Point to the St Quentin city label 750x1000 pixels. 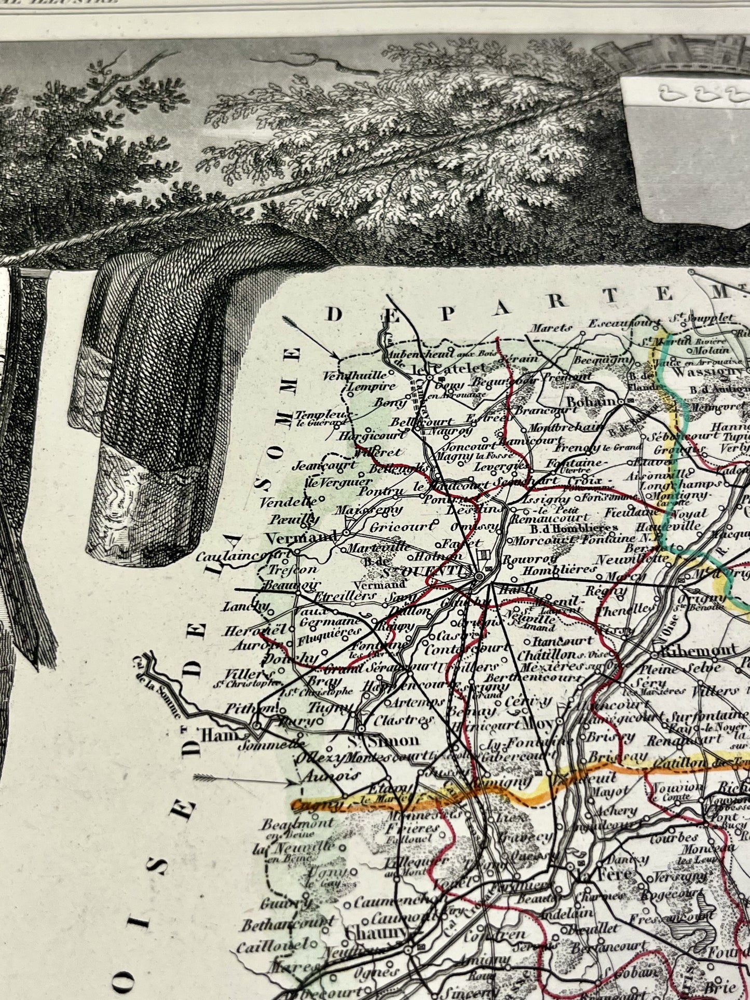(445, 571)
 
